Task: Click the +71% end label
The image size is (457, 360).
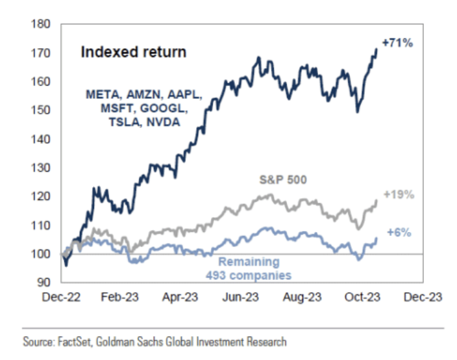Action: tap(397, 43)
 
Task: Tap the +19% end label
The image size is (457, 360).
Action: tap(397, 194)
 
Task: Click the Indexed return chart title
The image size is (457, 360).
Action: tap(133, 52)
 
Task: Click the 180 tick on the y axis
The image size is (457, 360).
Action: tap(41, 24)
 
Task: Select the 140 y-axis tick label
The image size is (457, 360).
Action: tap(41, 139)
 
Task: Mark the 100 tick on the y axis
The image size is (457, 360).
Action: tap(41, 254)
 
